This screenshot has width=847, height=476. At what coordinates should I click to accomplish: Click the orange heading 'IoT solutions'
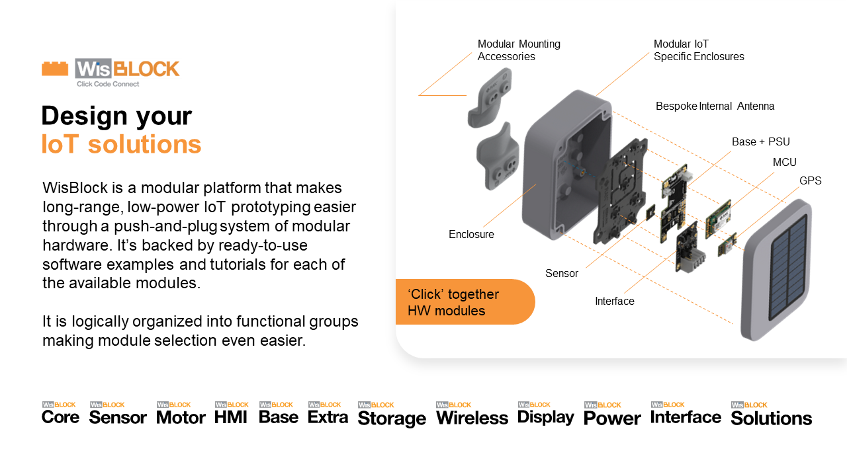click(x=121, y=144)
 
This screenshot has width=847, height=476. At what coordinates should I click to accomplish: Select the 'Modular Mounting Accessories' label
click(x=519, y=50)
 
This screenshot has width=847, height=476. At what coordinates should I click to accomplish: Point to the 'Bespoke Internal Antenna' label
click(x=715, y=106)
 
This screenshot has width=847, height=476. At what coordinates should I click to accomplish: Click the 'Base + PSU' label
click(x=760, y=141)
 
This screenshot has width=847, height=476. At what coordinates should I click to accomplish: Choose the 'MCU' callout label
click(x=784, y=162)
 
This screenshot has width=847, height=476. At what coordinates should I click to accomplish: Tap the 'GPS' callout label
click(x=810, y=180)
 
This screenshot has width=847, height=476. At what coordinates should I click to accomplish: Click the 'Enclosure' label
click(x=471, y=234)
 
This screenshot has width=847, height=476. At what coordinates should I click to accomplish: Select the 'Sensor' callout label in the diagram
click(x=561, y=273)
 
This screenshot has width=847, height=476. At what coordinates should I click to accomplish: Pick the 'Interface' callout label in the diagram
click(x=614, y=301)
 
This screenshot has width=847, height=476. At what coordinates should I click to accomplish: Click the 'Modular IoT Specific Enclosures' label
click(x=698, y=50)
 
